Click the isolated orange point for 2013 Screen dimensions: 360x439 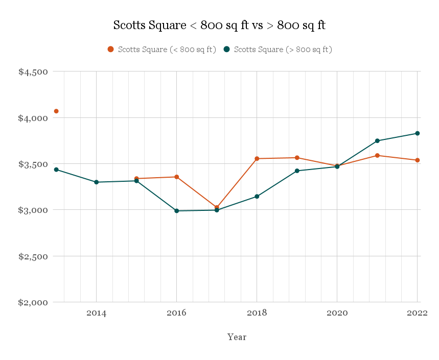coord(56,111)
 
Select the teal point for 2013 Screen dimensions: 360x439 coord(56,170)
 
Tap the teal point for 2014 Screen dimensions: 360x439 coord(96,182)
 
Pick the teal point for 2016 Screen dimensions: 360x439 coord(176,210)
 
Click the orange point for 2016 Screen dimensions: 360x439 coord(176,177)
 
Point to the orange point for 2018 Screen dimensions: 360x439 coord(257,159)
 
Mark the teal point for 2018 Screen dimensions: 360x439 coord(257,197)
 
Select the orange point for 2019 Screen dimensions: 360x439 coord(297,158)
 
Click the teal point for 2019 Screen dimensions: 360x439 coord(297,171)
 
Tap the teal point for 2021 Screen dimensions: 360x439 coord(377,141)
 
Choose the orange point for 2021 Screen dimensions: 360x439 coord(377,155)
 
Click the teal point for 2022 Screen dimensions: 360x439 coord(418,133)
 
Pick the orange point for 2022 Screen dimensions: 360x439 coord(418,160)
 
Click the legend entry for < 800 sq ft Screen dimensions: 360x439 coord(161,50)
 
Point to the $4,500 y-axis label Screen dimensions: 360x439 coord(33,72)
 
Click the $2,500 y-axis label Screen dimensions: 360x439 coord(33,256)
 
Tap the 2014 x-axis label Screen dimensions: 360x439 coord(96,313)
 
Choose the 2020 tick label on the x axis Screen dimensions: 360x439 coord(337,313)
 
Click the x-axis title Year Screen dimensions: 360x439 coord(237,337)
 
